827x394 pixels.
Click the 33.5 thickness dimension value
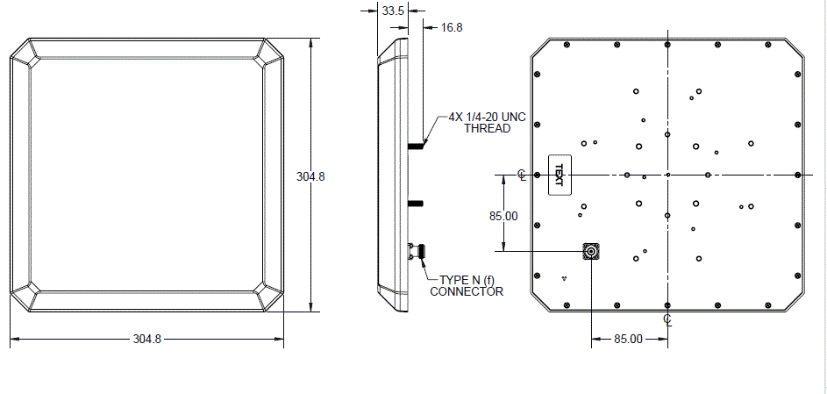(x=393, y=11)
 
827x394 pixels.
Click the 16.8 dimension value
(x=452, y=27)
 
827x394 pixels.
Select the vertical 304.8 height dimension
(x=310, y=176)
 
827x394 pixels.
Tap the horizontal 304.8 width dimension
(x=146, y=339)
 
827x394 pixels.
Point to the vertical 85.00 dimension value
(x=503, y=216)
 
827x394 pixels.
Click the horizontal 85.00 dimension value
(x=628, y=339)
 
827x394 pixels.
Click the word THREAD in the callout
(x=488, y=129)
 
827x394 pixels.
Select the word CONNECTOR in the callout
(x=467, y=291)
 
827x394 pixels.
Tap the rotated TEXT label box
(x=560, y=175)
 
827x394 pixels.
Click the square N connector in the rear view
(x=591, y=252)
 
